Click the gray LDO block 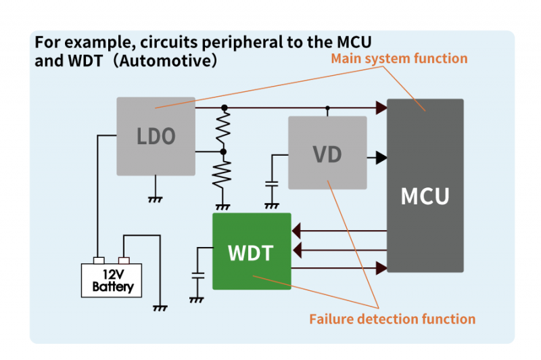point(156,136)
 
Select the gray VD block point(327,153)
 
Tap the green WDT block point(252,252)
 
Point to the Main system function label point(399,59)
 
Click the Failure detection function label point(392,319)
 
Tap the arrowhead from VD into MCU point(381,158)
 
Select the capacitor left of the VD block point(272,183)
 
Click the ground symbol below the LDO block point(155,199)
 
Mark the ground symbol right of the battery point(160,308)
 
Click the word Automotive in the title point(166,62)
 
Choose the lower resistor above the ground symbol point(222,176)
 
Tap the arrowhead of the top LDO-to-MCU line point(381,108)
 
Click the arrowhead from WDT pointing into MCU point(381,269)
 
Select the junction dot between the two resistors point(224,152)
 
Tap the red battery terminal point(124,261)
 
